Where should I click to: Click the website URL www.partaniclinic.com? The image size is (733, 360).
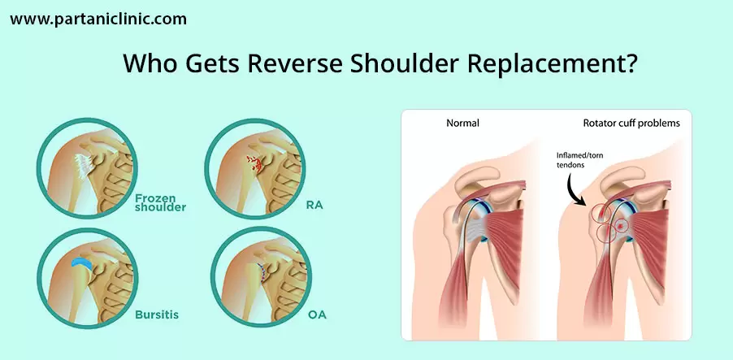(x=98, y=20)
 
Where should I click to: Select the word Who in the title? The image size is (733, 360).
(x=150, y=63)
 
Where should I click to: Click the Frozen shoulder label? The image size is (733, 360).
(x=160, y=202)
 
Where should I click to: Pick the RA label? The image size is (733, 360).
(x=315, y=205)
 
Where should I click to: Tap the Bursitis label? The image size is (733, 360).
(x=157, y=314)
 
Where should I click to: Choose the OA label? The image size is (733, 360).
(x=317, y=315)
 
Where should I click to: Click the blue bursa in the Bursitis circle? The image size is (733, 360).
(x=82, y=263)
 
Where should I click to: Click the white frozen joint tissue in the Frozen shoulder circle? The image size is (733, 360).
(x=85, y=165)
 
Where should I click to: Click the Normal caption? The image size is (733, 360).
(x=463, y=124)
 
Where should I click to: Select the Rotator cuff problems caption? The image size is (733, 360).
(x=631, y=124)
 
